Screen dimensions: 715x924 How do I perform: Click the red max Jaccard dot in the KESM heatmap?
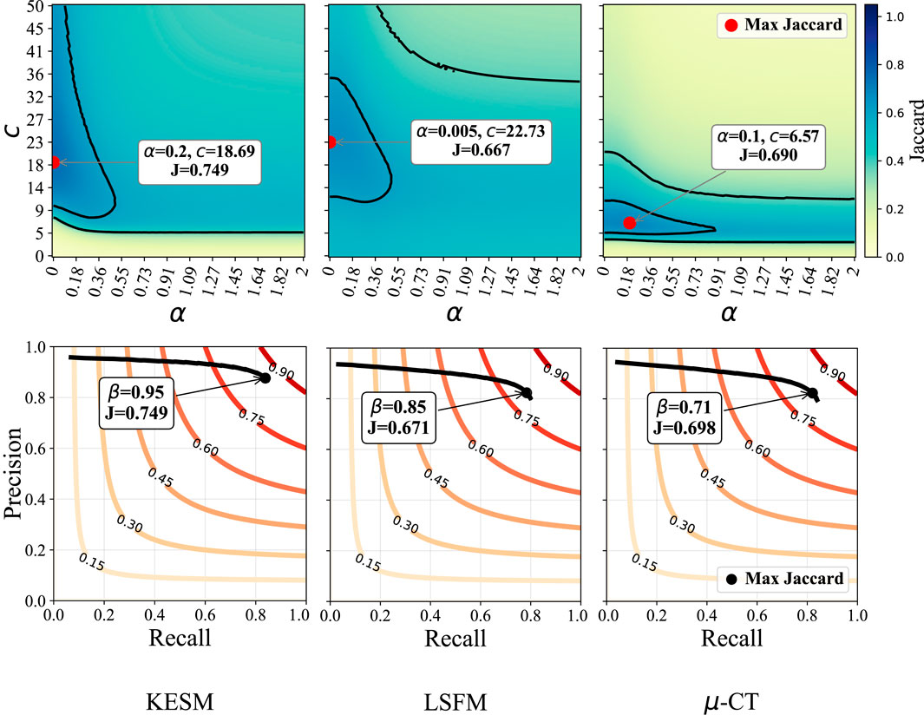point(54,162)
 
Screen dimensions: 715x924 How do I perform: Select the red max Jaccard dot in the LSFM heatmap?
point(331,142)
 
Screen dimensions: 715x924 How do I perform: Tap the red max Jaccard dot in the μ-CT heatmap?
point(629,223)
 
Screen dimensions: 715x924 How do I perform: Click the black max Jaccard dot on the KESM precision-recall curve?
point(265,378)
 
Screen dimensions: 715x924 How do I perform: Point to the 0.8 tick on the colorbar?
point(901,64)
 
